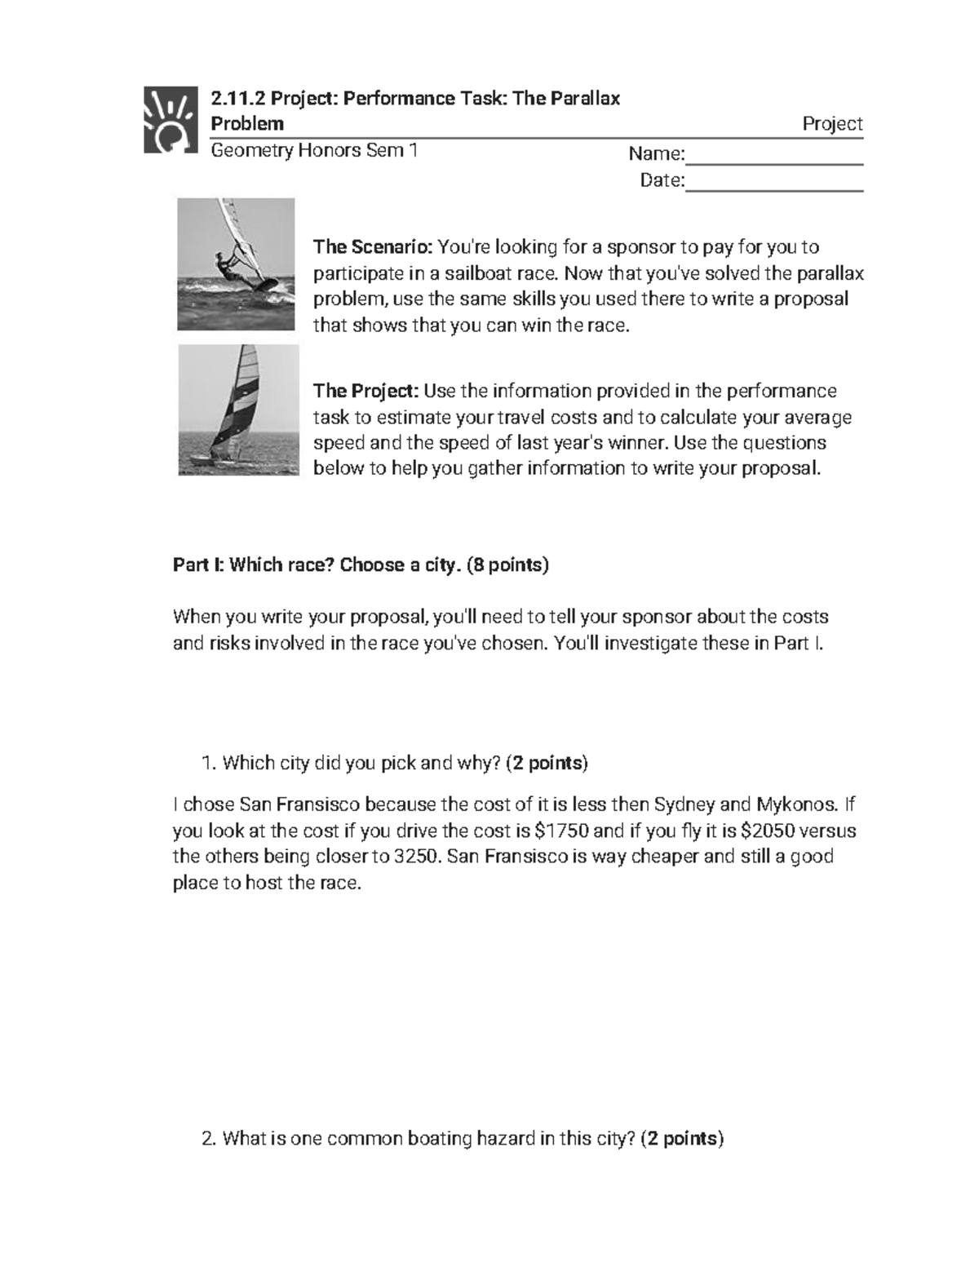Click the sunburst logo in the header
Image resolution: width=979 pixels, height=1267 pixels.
pos(171,119)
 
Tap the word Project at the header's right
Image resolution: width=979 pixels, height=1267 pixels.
pos(832,124)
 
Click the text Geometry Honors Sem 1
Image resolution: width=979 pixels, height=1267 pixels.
pos(314,151)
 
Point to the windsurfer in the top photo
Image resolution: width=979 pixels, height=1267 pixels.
pos(227,265)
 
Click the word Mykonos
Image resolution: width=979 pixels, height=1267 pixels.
pos(796,805)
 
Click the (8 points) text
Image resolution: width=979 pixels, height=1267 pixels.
pos(507,565)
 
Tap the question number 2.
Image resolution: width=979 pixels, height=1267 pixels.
pos(207,1138)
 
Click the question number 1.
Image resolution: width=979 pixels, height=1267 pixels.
pos(207,764)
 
